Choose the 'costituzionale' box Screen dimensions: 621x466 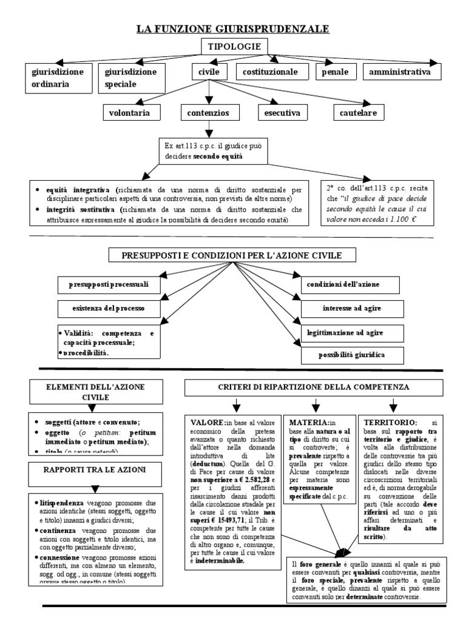(270, 72)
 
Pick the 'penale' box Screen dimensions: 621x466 (336, 72)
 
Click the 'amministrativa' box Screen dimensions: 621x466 (400, 72)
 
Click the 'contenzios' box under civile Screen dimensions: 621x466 (208, 113)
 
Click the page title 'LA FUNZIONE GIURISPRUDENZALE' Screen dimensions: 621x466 (233, 29)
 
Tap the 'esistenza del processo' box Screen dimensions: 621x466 (110, 309)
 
